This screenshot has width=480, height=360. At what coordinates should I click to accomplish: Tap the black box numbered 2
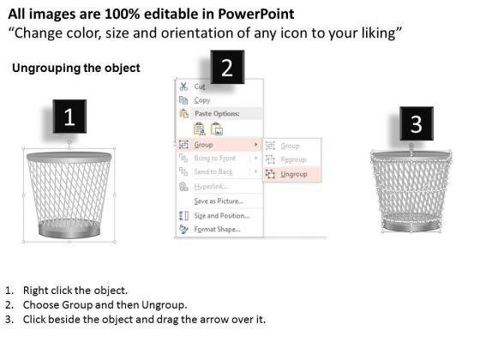tap(226, 68)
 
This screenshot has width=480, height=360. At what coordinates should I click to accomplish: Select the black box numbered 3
tap(416, 125)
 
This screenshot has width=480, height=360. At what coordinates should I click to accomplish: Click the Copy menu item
tap(202, 100)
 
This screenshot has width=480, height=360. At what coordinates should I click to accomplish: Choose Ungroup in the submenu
tap(293, 173)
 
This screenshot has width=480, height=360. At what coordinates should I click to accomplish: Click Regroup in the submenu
tap(293, 159)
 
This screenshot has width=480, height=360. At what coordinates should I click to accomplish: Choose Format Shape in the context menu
tap(217, 229)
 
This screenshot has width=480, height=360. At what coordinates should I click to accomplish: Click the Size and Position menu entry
tap(221, 215)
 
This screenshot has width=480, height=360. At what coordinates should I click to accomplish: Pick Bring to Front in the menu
tap(215, 159)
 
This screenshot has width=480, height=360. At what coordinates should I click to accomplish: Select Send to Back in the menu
tap(213, 172)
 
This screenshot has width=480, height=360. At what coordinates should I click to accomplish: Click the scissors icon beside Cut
tap(183, 87)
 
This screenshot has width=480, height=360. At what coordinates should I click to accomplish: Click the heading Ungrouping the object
tap(76, 69)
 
